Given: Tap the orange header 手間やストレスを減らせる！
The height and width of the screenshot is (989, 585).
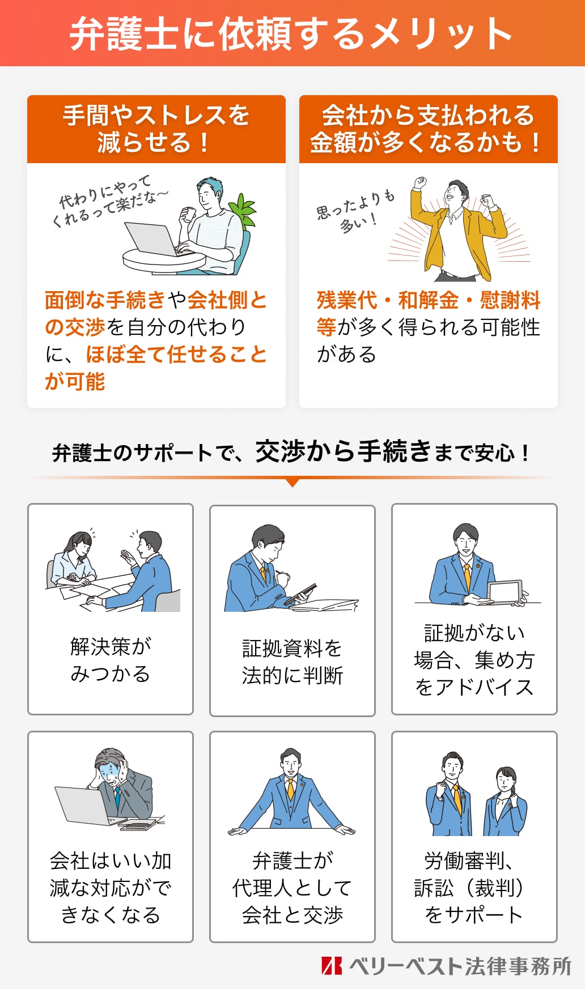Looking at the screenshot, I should coord(156,129).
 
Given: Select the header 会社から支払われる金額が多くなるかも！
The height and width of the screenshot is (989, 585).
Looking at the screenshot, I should coord(428,129).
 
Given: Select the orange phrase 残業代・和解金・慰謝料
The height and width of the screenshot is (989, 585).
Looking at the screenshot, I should coord(428,300).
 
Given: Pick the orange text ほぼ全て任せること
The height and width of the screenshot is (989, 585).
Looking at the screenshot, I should coord(176,355).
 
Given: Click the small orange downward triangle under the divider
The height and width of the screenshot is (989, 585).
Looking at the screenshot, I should coord(292,483).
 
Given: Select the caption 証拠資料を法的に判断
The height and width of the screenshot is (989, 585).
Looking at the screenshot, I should coord(292,662).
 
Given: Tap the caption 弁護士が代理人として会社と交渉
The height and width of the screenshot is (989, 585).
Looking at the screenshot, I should coord(292,888).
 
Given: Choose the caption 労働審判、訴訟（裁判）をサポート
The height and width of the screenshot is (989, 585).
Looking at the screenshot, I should coord(474,888).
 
